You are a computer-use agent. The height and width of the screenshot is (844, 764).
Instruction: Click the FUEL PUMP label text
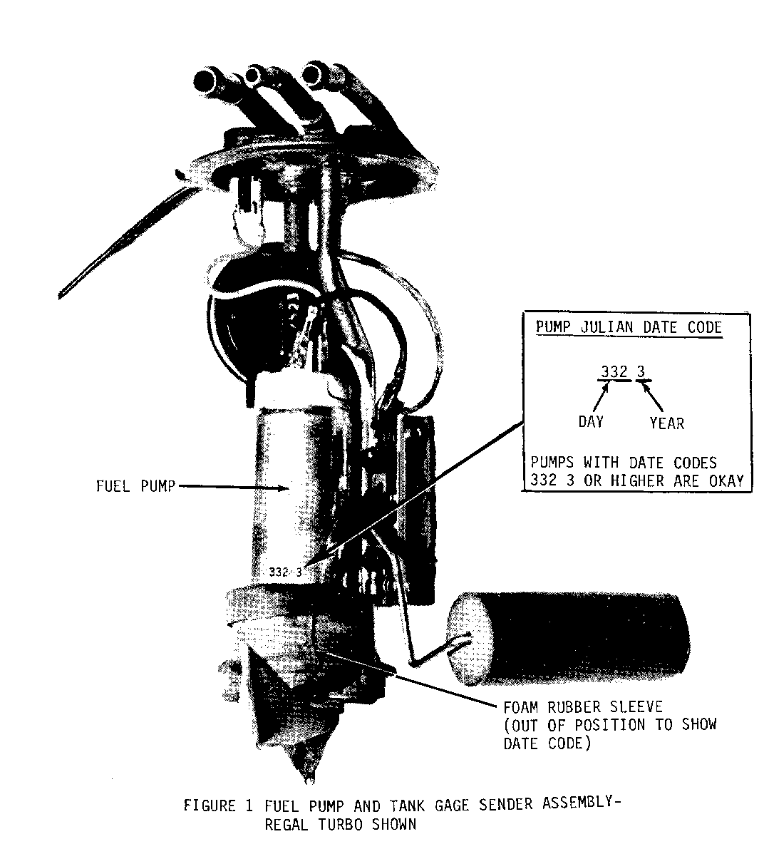(x=135, y=486)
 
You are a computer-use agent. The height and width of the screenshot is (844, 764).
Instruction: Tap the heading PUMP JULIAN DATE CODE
(x=629, y=327)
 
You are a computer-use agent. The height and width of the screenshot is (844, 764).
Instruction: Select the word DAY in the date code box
(x=591, y=421)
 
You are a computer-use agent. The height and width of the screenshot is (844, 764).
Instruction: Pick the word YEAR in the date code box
(x=666, y=423)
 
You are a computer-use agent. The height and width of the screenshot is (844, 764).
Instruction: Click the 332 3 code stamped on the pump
(x=286, y=572)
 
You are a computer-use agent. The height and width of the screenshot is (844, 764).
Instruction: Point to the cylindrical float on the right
(x=567, y=639)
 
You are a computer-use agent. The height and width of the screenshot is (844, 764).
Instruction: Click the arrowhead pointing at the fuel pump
(x=286, y=488)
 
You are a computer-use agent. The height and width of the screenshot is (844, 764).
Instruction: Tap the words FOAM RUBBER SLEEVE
(x=583, y=706)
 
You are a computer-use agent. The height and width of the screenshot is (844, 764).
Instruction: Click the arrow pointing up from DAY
(x=601, y=397)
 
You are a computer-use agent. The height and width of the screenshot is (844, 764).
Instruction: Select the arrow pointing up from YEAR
(x=653, y=397)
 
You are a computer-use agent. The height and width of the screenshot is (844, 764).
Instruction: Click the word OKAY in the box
(x=726, y=480)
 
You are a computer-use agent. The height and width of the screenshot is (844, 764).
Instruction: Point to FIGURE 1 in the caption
(x=218, y=806)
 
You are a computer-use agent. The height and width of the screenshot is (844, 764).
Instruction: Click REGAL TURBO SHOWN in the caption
(x=340, y=825)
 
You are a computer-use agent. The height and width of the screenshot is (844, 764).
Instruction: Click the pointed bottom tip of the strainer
(x=309, y=778)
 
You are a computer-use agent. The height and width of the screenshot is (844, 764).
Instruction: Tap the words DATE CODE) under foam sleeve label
(x=547, y=743)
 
